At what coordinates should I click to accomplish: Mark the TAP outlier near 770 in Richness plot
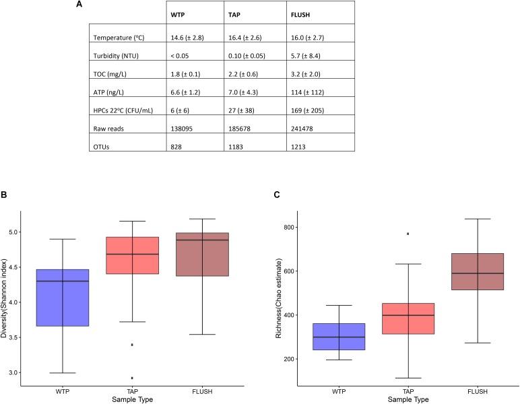[x=408, y=234]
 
